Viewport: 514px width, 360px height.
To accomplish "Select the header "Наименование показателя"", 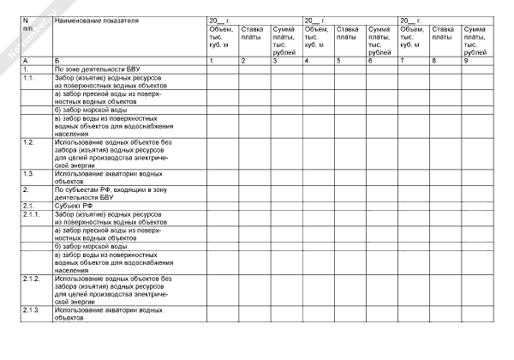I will point(95,18).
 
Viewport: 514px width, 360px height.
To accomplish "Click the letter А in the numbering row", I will point(26,60).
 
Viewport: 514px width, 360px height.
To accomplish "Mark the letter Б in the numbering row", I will point(57,60).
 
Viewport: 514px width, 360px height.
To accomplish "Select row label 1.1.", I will point(29,75).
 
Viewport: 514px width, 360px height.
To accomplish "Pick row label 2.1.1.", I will point(32,213).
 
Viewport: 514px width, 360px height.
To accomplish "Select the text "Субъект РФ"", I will point(74,206).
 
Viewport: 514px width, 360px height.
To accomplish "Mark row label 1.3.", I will point(29,172).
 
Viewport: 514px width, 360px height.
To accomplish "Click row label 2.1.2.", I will point(32,279).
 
